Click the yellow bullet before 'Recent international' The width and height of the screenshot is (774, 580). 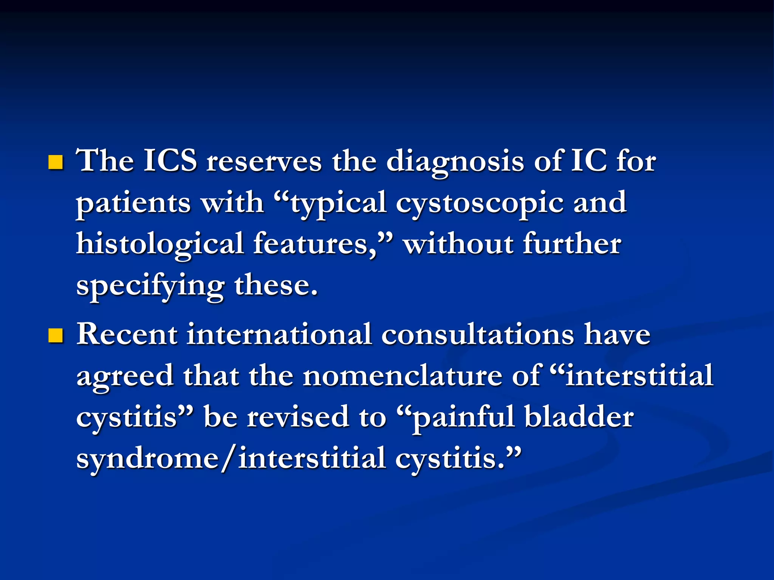[56, 336]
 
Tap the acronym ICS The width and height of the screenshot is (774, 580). [170, 161]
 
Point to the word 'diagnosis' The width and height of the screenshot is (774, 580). [455, 162]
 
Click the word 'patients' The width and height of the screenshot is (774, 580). [133, 203]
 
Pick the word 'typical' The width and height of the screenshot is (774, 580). [338, 204]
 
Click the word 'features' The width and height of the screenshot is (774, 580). [314, 244]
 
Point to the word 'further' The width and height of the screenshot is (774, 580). [572, 244]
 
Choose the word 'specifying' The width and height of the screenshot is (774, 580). [150, 286]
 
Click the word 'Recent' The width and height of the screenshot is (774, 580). [127, 335]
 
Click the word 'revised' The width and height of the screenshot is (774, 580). [298, 417]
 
